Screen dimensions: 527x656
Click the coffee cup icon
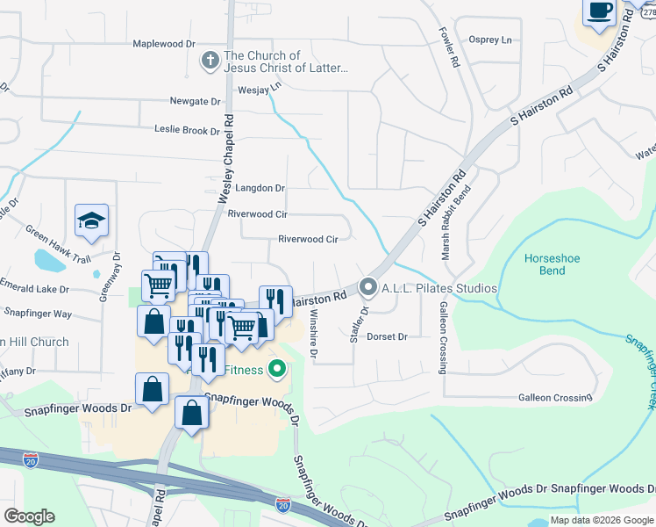click(599, 11)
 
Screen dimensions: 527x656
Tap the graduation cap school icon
click(90, 220)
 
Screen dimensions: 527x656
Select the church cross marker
click(210, 61)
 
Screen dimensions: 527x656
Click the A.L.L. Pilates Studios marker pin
click(368, 288)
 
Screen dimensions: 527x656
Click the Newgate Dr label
click(195, 102)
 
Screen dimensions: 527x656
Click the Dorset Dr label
click(388, 336)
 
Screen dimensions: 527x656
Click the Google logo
click(28, 516)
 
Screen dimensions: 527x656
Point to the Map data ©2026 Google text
click(602, 520)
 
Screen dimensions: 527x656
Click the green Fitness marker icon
click(277, 369)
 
